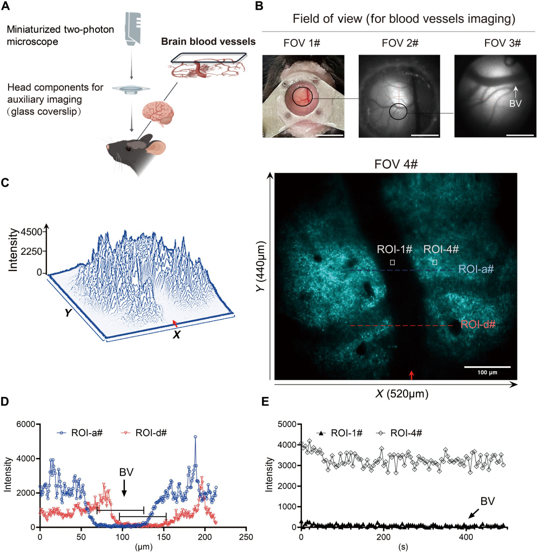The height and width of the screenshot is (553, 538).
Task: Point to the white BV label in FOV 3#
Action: [516, 104]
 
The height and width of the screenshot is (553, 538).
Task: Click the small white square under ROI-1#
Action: [393, 262]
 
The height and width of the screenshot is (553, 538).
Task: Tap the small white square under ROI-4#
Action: [435, 262]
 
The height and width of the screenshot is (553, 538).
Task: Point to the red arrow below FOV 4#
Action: [412, 375]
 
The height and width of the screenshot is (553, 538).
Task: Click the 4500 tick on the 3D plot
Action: [31, 233]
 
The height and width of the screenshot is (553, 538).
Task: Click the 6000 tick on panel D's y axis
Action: [26, 424]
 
